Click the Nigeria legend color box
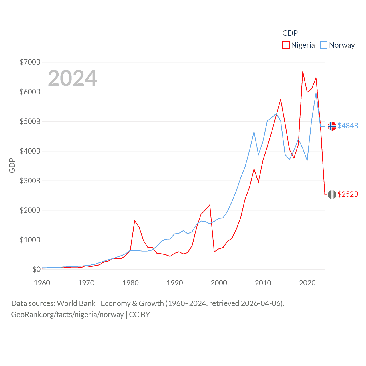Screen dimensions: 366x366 coord(286,45)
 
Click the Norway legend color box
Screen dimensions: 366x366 coord(323,45)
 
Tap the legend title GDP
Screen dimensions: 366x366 coord(290,33)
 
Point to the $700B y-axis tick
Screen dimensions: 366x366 coord(30,62)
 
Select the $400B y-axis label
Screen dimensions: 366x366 coord(30,151)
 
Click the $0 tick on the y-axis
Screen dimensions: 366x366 coord(36,269)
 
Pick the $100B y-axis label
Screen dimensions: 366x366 coord(30,240)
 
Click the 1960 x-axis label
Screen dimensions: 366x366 coord(42,283)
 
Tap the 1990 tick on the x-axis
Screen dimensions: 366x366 coord(175,283)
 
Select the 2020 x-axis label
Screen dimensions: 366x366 coord(307,283)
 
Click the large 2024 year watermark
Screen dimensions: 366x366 coord(72,78)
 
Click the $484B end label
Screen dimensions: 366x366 coord(348,126)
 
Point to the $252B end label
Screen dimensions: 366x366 coord(348,194)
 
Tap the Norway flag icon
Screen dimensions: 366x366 coord(332,126)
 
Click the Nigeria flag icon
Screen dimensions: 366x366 coord(332,194)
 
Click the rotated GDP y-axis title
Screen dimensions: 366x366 coord(12,165)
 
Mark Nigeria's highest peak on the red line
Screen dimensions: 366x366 coord(303,72)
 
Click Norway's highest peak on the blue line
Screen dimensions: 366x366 coord(316,93)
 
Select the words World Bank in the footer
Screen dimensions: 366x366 coord(76,303)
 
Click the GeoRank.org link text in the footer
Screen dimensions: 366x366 coord(67,315)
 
